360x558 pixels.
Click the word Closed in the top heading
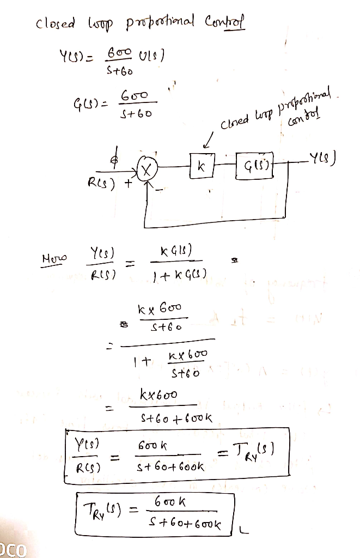[x=53, y=25]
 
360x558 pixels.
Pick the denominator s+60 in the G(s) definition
[x=133, y=115]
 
